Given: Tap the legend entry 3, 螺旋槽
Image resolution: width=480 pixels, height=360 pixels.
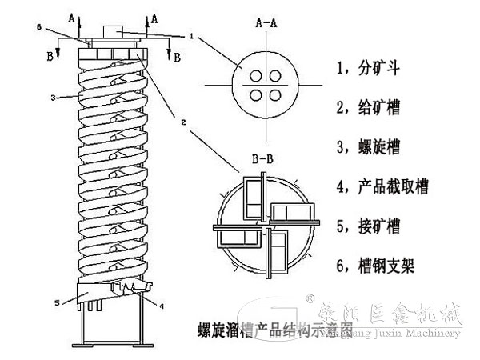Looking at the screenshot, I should (370, 147).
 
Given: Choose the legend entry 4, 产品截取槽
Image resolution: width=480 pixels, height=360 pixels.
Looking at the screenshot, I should (383, 187).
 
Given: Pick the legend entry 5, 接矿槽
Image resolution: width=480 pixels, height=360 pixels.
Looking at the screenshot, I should (370, 226).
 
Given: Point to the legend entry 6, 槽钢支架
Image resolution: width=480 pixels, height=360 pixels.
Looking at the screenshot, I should (376, 266).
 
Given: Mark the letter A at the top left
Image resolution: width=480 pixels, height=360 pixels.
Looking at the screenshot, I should (74, 15).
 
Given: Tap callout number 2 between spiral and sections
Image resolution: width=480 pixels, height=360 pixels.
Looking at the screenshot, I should (185, 124).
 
